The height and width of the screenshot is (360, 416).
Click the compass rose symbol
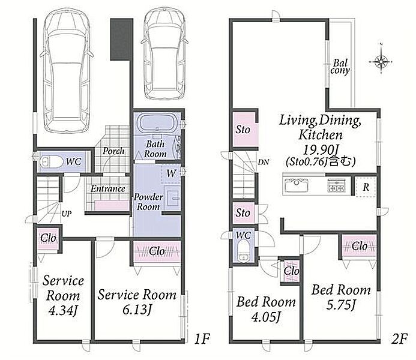pyautogui.click(x=381, y=62)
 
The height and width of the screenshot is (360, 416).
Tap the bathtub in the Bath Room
pyautogui.click(x=157, y=124)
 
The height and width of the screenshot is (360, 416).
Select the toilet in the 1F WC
pyautogui.click(x=51, y=162)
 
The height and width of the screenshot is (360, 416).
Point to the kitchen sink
pyautogui.click(x=297, y=185)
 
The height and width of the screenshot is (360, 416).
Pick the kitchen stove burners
pyautogui.click(x=336, y=185)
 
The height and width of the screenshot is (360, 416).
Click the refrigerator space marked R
pyautogui.click(x=366, y=187)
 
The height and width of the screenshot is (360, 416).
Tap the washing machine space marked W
pyautogui.click(x=171, y=173)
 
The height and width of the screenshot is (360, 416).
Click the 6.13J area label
pyautogui.click(x=137, y=310)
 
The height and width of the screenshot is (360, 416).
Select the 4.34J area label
pyautogui.click(x=63, y=310)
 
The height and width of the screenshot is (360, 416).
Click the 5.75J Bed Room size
pyautogui.click(x=340, y=305)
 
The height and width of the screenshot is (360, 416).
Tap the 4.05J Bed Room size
pyautogui.click(x=266, y=317)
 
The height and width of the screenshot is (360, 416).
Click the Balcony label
pyautogui.click(x=340, y=67)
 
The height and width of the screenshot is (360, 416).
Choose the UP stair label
pyautogui.click(x=66, y=214)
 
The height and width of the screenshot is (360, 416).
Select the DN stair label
pyautogui.click(x=264, y=162)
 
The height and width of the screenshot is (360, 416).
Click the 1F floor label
pyautogui.click(x=202, y=339)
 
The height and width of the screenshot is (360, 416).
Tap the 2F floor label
pyautogui.click(x=399, y=339)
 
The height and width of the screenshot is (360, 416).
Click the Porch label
pyautogui.click(x=113, y=151)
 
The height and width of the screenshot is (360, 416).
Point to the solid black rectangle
pyautogui.click(x=121, y=39)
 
